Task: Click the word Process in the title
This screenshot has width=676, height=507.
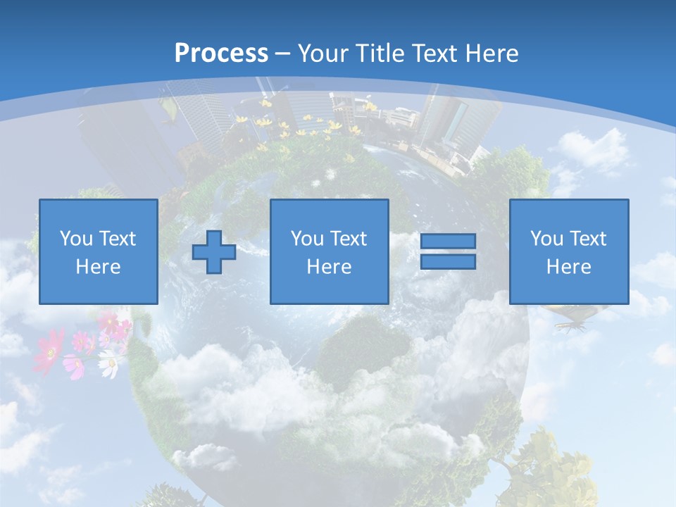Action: click(221, 54)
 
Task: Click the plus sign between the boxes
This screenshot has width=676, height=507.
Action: click(214, 252)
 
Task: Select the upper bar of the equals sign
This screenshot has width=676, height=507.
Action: click(448, 242)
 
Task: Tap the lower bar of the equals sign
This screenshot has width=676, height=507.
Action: click(448, 262)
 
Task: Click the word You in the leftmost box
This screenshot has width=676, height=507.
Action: click(76, 239)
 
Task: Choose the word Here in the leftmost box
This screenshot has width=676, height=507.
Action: click(99, 267)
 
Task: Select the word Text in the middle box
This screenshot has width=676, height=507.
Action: click(350, 239)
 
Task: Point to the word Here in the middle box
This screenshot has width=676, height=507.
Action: click(330, 267)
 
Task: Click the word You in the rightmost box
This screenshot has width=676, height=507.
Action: click(546, 239)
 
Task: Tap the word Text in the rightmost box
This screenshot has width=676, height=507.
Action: click(589, 239)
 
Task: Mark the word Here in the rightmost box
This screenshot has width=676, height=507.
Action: click(569, 267)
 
